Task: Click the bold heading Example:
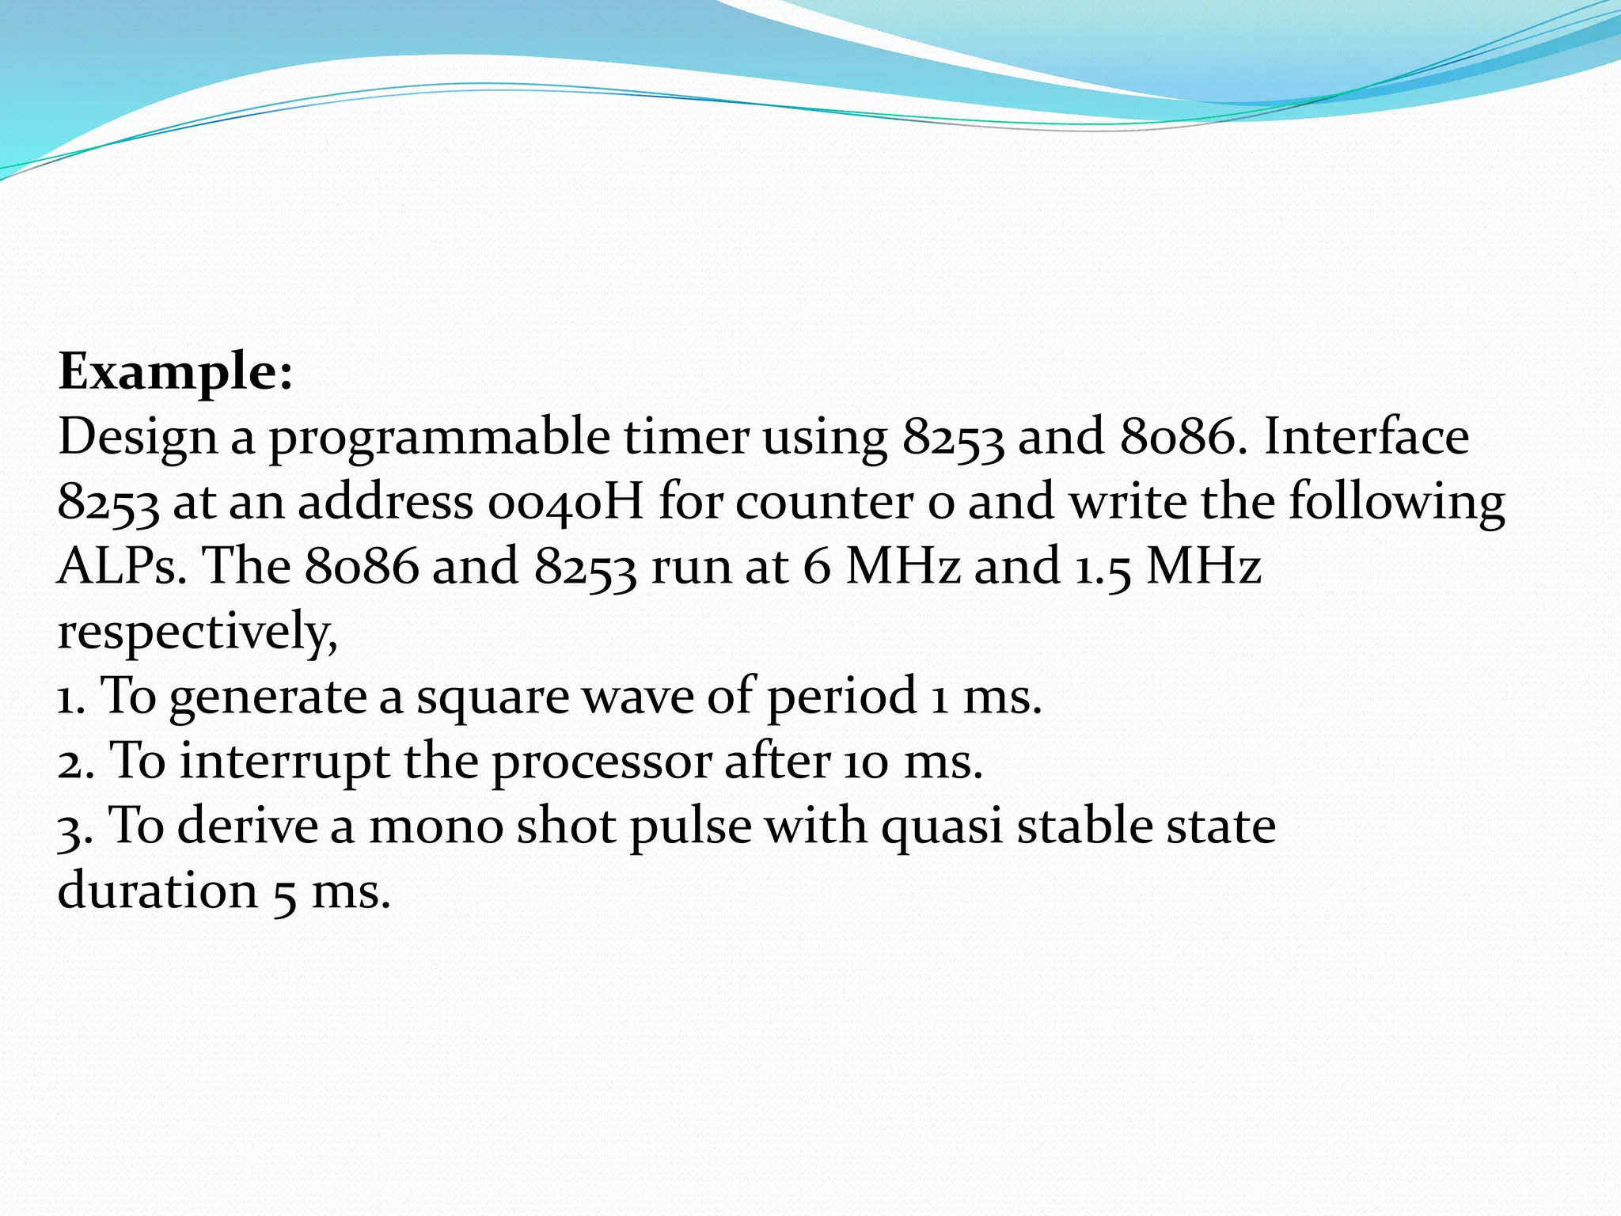176,372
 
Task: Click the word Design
138,438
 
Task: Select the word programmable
439,438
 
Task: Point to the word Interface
1366,436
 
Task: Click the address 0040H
566,502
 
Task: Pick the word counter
825,502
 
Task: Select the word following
1397,502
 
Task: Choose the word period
841,697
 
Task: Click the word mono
436,826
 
